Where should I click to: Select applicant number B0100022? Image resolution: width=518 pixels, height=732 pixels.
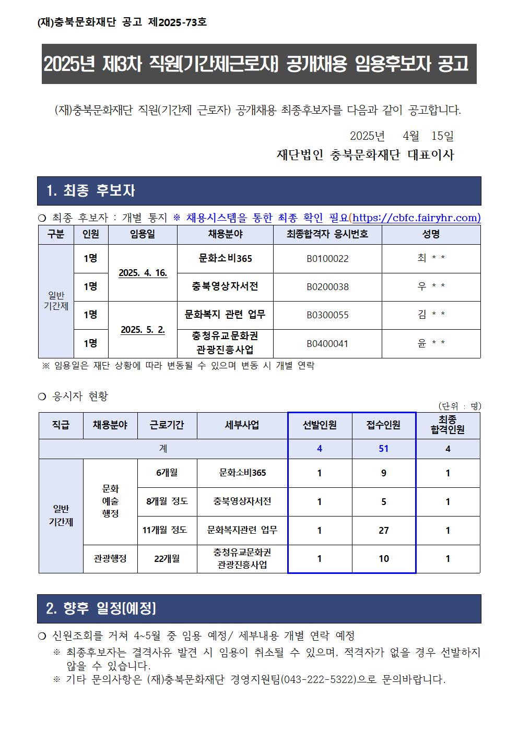(327, 259)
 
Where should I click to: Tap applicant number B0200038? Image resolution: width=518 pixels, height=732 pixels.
(327, 287)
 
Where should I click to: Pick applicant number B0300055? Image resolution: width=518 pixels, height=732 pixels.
(327, 315)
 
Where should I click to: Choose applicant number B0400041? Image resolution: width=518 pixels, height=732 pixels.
(327, 344)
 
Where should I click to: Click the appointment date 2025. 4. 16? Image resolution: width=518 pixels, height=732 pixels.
(143, 273)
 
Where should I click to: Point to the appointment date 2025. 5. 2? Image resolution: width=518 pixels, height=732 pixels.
(143, 330)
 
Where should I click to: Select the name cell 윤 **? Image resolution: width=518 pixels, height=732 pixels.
(431, 344)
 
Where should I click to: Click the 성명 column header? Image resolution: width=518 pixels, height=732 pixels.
(431, 234)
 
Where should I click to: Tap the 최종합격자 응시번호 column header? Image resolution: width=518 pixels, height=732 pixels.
(327, 234)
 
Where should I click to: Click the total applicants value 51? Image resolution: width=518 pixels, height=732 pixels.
(384, 449)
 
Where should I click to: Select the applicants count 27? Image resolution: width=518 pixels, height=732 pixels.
(384, 531)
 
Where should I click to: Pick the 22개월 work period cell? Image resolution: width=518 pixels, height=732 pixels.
(167, 559)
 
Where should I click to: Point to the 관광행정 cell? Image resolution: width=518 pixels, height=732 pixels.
(110, 559)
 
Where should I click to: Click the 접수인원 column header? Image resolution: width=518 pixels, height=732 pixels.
(384, 425)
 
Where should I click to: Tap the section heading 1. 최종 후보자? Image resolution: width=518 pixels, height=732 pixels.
(91, 191)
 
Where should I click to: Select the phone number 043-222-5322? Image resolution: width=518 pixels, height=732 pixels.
(319, 680)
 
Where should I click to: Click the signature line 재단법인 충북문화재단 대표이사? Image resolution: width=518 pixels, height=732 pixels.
(365, 155)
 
